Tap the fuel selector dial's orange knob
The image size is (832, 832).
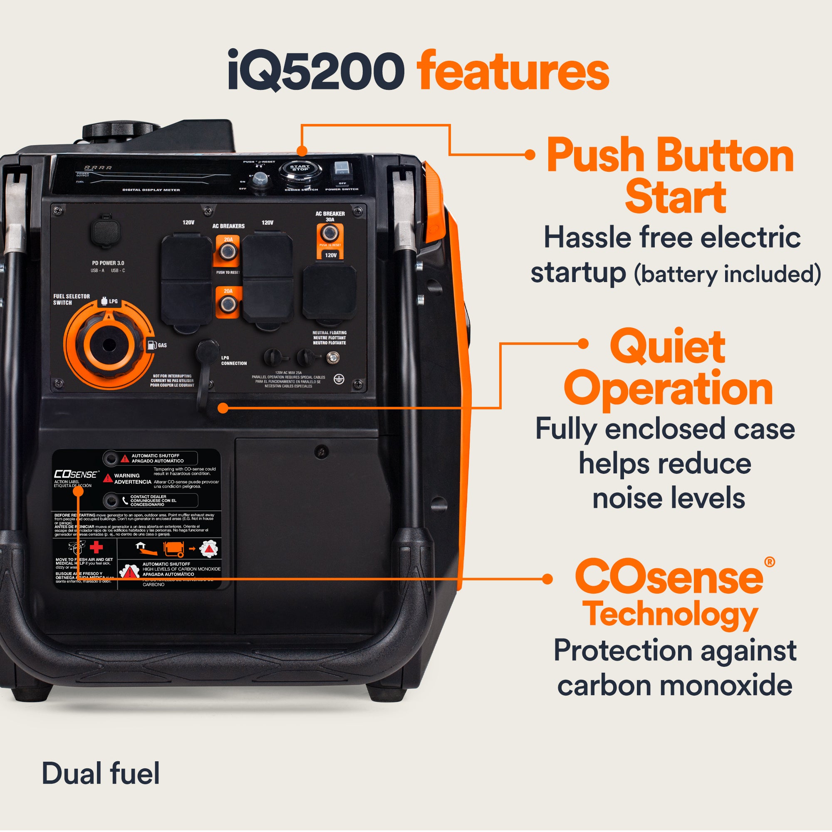(x=108, y=344)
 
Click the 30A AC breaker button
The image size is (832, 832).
(x=330, y=234)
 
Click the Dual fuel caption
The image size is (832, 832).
(x=100, y=773)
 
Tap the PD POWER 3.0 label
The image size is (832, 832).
(x=108, y=262)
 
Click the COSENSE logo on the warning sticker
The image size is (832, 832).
(x=76, y=474)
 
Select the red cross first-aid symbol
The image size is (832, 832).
(x=96, y=547)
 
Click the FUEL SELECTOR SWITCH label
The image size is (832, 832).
(x=71, y=299)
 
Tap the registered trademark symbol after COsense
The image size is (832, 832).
(x=769, y=562)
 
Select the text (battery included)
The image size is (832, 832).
(x=727, y=274)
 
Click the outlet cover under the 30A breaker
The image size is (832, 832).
(x=329, y=292)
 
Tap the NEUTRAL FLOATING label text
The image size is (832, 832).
(x=329, y=338)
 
